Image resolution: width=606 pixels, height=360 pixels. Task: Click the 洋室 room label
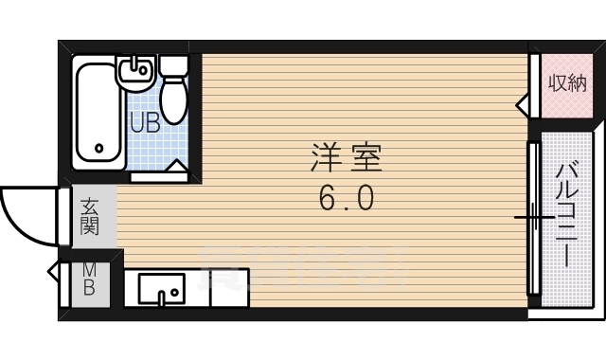[x=346, y=157]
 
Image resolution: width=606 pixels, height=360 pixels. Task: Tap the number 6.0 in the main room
[x=347, y=199]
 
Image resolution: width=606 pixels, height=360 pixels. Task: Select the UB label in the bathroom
[x=144, y=122]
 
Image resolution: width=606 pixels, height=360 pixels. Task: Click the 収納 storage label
[x=566, y=82]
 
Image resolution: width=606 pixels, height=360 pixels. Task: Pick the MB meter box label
[x=88, y=279]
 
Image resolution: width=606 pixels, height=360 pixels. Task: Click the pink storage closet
[x=565, y=84]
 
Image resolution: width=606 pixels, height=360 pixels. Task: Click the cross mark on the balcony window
[x=534, y=218]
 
